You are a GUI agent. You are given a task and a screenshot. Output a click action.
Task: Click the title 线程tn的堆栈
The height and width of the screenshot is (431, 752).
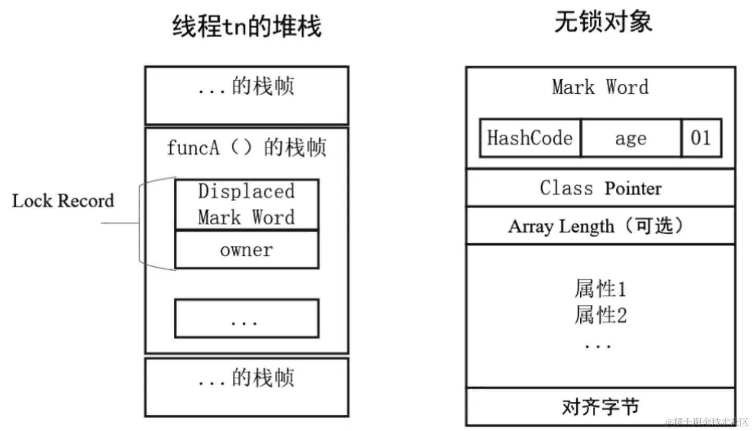(247, 26)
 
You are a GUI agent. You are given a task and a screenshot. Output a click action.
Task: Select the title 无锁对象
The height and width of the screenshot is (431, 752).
(603, 23)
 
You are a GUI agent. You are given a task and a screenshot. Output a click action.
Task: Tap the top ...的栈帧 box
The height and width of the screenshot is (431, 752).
(246, 95)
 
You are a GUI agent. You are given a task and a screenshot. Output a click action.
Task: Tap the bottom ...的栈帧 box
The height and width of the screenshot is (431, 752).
(246, 386)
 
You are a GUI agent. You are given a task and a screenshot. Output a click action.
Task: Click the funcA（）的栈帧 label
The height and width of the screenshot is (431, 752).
(246, 148)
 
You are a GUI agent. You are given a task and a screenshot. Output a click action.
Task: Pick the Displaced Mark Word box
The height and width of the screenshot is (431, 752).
(246, 204)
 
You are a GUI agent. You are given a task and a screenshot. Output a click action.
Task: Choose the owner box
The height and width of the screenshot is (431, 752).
(246, 250)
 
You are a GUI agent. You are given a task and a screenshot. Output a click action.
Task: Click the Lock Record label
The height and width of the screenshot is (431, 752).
(63, 201)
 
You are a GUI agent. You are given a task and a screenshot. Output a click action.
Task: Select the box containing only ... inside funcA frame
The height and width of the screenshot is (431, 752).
(246, 318)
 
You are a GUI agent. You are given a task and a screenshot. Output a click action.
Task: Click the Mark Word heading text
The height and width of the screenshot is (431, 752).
(600, 87)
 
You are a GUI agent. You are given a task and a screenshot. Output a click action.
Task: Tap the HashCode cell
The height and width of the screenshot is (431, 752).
(530, 138)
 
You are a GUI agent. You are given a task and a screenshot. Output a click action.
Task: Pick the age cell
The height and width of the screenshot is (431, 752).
(630, 138)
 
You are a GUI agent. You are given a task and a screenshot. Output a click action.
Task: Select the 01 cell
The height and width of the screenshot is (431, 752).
(701, 138)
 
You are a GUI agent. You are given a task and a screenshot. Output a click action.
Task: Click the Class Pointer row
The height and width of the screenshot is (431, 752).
(600, 188)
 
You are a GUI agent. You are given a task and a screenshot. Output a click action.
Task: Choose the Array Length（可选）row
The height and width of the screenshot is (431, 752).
(600, 226)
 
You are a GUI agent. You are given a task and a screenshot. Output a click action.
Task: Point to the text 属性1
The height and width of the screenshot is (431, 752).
(600, 289)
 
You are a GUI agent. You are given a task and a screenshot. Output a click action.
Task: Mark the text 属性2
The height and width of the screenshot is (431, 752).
(600, 315)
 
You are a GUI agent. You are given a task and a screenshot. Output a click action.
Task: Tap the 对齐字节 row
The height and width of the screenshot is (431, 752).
(600, 407)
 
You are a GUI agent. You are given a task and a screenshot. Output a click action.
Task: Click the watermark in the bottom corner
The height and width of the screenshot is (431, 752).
(707, 422)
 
